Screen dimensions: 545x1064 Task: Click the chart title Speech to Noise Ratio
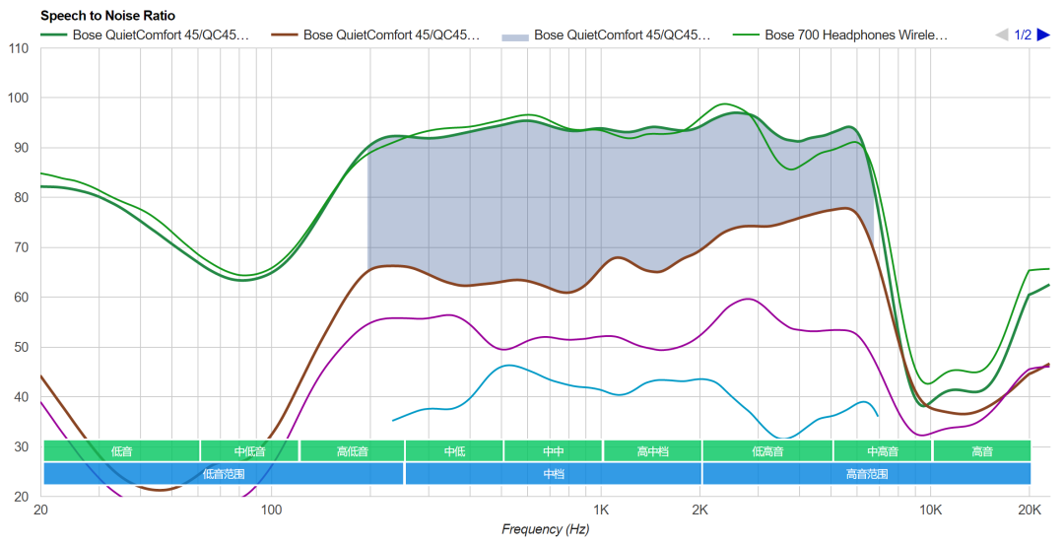click(x=107, y=16)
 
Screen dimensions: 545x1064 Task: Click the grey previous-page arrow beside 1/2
click(x=1002, y=35)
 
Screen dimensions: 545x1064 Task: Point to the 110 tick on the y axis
click(x=18, y=48)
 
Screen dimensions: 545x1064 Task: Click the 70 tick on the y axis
click(x=18, y=247)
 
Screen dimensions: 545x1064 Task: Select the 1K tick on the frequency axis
click(x=601, y=511)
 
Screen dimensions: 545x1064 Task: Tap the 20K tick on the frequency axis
click(x=1030, y=511)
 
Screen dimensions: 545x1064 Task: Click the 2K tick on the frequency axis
click(x=700, y=511)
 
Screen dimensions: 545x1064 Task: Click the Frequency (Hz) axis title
click(x=545, y=530)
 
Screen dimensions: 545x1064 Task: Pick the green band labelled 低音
click(x=121, y=451)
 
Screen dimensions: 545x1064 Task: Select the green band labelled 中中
click(x=553, y=451)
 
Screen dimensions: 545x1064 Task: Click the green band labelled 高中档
click(x=652, y=451)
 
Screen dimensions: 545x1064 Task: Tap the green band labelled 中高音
click(x=882, y=451)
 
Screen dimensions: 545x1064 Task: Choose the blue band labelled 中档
click(x=553, y=473)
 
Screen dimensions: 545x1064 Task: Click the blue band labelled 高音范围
click(x=866, y=473)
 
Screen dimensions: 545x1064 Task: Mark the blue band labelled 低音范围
click(x=224, y=473)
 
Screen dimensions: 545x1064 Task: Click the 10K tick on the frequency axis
click(x=930, y=511)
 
